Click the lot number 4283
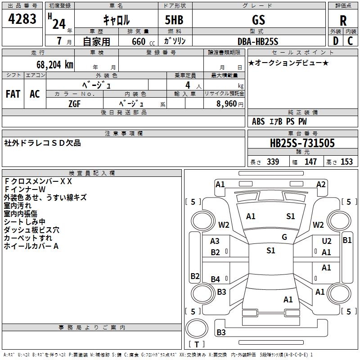point(22,19)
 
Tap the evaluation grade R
point(343,20)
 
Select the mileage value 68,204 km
point(55,65)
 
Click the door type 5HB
point(174,20)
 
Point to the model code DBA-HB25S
point(258,41)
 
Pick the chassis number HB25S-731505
point(302,143)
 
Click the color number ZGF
point(74,104)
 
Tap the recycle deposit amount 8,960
point(227,104)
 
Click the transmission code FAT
point(13,94)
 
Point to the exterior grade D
point(336,41)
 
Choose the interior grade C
point(350,41)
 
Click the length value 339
point(273,162)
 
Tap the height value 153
point(346,162)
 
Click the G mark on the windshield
point(284,237)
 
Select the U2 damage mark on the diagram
point(327,241)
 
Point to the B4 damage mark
point(216,279)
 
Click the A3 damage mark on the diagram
point(215,241)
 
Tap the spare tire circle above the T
point(197,328)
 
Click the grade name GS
point(258,20)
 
